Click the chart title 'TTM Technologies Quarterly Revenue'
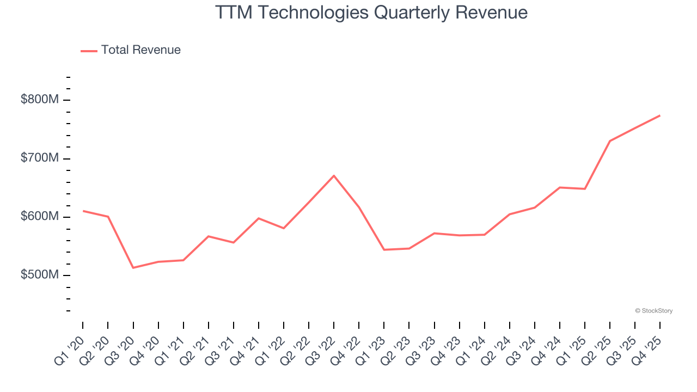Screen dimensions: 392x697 point(371,12)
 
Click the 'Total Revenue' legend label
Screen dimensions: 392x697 point(140,50)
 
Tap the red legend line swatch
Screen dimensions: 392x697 point(89,51)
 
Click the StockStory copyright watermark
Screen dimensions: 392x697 point(653,311)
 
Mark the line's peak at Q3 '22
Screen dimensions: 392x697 point(334,175)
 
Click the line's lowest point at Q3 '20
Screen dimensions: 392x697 point(133,268)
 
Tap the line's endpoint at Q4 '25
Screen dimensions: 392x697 point(660,115)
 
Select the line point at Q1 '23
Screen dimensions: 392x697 point(384,250)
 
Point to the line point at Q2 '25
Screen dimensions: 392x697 point(610,141)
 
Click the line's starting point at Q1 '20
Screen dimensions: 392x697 point(83,211)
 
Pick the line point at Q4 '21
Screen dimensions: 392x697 point(259,218)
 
